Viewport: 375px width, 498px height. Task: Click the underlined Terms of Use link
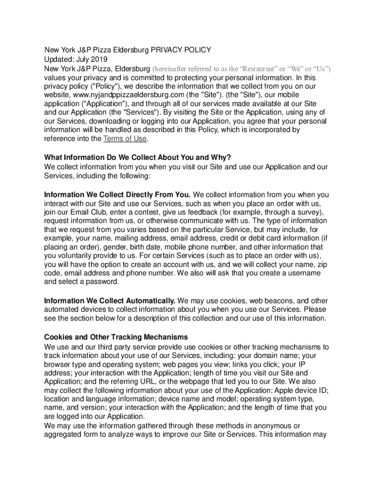coord(125,139)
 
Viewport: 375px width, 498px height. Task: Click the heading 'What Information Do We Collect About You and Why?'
coord(137,158)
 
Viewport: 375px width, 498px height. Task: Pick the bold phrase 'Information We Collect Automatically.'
coord(110,301)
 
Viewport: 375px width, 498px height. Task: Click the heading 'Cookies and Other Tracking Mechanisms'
coord(116,337)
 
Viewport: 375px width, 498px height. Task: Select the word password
coord(102,282)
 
